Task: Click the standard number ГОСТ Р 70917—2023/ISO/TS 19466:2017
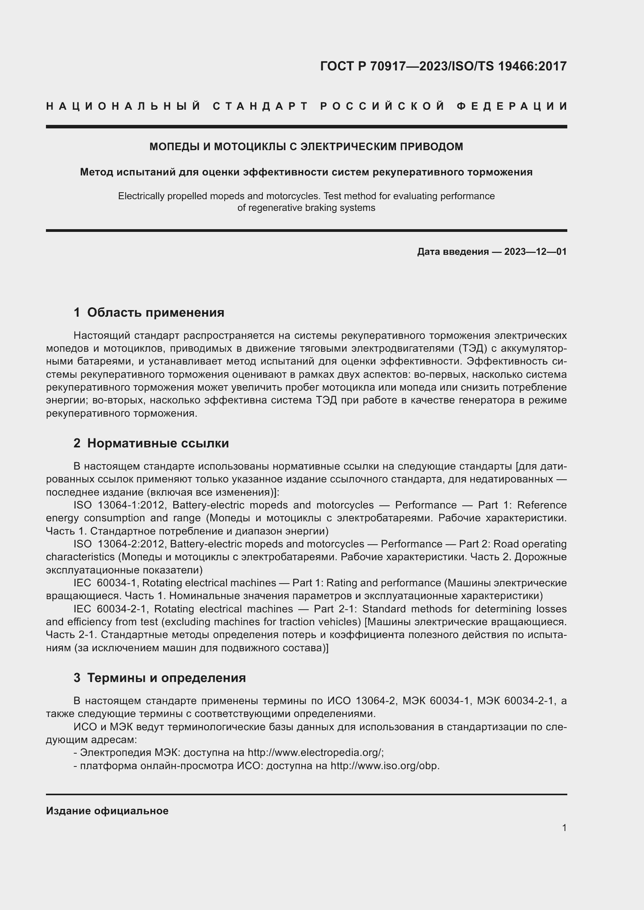pyautogui.click(x=443, y=66)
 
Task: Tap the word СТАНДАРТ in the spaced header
pyautogui.click(x=260, y=106)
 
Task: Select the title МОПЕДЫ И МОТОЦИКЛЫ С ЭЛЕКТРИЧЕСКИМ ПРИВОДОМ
pyautogui.click(x=306, y=147)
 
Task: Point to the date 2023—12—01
pyautogui.click(x=535, y=252)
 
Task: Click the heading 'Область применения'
pyautogui.click(x=155, y=312)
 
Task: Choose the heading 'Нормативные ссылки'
pyautogui.click(x=158, y=443)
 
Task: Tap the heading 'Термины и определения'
pyautogui.click(x=166, y=678)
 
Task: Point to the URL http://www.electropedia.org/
pyautogui.click(x=315, y=752)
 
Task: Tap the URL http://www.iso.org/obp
pyautogui.click(x=385, y=765)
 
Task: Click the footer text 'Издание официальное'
pyautogui.click(x=107, y=811)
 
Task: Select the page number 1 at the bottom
pyautogui.click(x=564, y=828)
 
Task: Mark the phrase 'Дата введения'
pyautogui.click(x=452, y=252)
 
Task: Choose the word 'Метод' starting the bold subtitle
pyautogui.click(x=95, y=172)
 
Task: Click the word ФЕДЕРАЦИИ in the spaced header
pyautogui.click(x=512, y=106)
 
